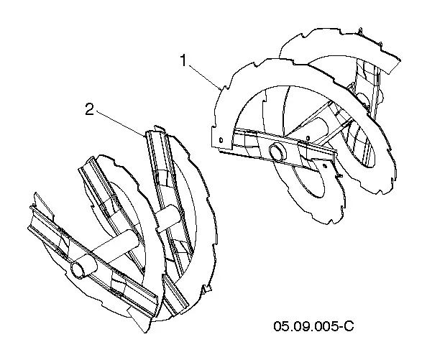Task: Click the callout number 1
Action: tap(184, 60)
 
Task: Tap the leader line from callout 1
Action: tap(205, 78)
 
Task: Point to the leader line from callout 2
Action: tap(120, 123)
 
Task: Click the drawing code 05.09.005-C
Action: tap(313, 326)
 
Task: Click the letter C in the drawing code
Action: tap(349, 326)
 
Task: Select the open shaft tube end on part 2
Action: tap(79, 270)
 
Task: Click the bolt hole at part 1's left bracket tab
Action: tap(221, 140)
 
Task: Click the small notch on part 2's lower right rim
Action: tap(206, 290)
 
